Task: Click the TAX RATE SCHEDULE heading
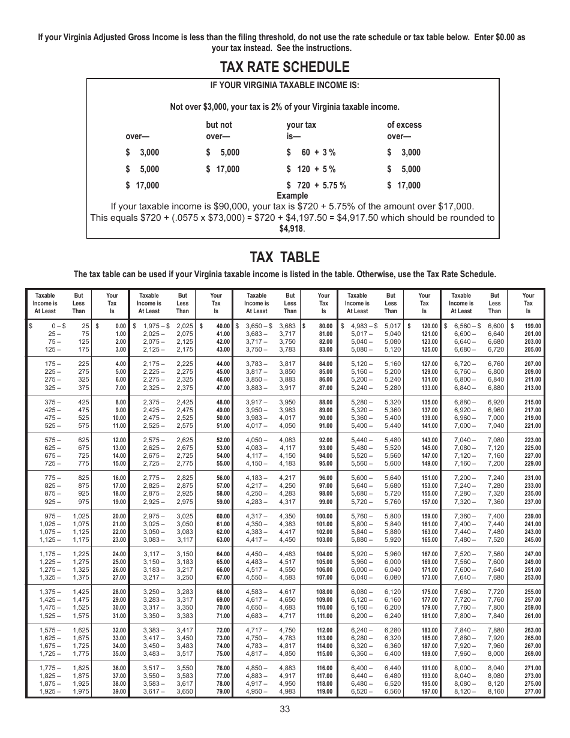(284, 67)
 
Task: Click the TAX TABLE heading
(284, 257)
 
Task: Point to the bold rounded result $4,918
(292, 229)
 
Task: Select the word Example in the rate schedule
(292, 196)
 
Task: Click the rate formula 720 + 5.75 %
(316, 185)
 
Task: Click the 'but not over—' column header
(218, 130)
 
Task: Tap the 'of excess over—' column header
(404, 130)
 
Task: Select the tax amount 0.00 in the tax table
(120, 326)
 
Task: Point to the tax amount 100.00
(324, 516)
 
